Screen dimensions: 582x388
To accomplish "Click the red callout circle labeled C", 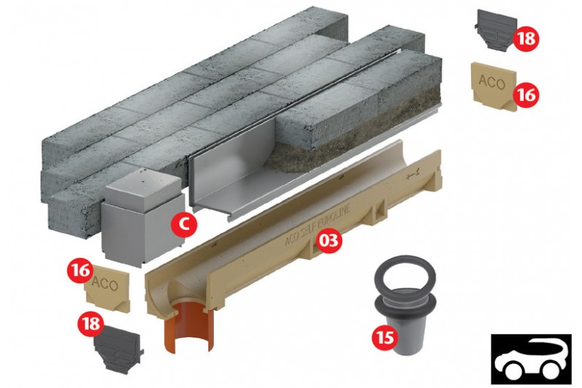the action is tap(184, 223).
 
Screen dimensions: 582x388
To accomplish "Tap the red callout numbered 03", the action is tap(327, 240).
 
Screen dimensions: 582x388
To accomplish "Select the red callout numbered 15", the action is tap(386, 338).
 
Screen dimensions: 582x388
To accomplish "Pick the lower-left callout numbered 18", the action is tap(91, 322).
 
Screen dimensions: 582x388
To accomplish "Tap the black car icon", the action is tap(531, 358).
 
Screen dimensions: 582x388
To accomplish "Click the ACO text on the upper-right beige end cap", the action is tap(492, 82).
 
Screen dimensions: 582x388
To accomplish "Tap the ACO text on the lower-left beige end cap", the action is tap(105, 284).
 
